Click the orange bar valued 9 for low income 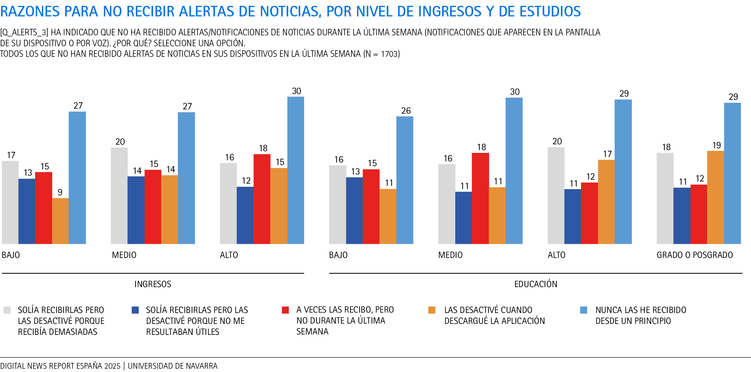point(60,221)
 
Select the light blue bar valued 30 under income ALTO point(296,170)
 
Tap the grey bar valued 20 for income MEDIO point(119,196)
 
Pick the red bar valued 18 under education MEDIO point(480,198)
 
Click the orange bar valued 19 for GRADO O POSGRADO point(715,197)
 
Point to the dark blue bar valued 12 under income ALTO point(245,215)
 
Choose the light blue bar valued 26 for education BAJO point(405,180)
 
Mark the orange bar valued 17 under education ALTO point(606,201)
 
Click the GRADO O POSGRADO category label point(695,255)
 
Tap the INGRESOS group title point(153,284)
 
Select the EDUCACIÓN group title point(536,284)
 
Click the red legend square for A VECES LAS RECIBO point(286,310)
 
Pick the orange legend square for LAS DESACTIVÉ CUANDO point(432,310)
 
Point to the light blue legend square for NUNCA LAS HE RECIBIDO point(583,310)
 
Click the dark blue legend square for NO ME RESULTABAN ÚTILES point(135,310)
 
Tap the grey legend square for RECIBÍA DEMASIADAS point(7,310)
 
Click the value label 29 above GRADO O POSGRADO point(733,97)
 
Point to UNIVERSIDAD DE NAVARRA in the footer point(173,366)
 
